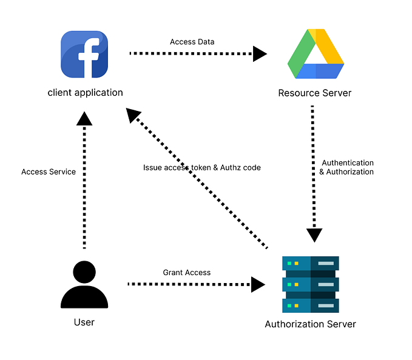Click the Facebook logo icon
(85, 55)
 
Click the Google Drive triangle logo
(315, 55)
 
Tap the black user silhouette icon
(84, 284)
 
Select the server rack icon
(310, 284)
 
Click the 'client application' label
(85, 93)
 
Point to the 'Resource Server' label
(314, 93)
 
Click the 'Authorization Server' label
(310, 324)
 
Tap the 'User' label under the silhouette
(84, 322)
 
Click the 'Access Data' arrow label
(191, 42)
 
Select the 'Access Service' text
(49, 172)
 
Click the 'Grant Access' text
(187, 273)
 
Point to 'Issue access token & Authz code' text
(201, 167)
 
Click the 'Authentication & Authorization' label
(347, 167)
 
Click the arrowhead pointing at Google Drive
(260, 54)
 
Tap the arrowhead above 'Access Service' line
(84, 118)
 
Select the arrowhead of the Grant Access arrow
(258, 284)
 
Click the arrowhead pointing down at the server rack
(314, 235)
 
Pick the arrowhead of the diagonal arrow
(133, 116)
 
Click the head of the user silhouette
(84, 271)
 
